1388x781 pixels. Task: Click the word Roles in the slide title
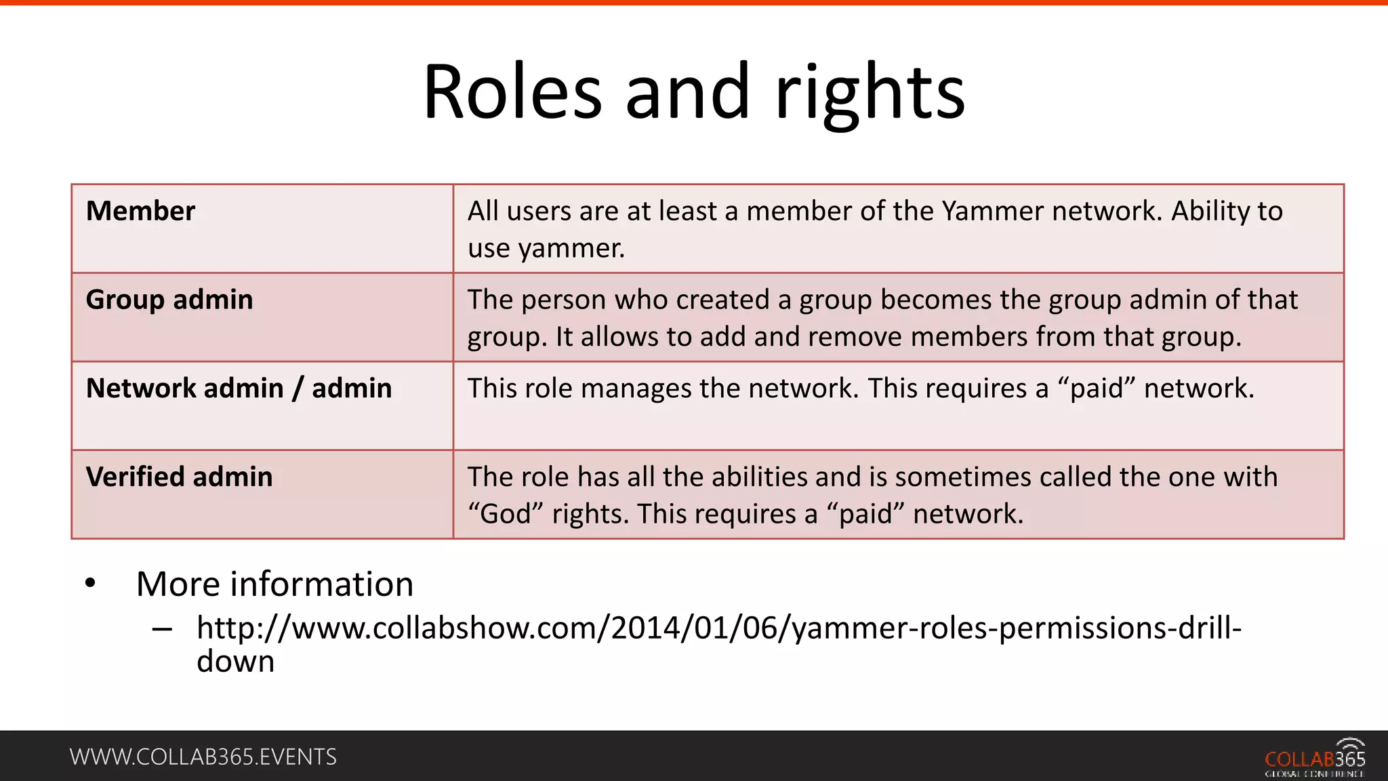(x=512, y=92)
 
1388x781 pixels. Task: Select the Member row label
(x=140, y=211)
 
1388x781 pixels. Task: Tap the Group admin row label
(x=169, y=300)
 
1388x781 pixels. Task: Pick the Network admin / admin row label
(x=239, y=388)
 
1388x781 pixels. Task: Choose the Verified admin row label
(x=179, y=477)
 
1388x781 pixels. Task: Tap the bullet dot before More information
(x=90, y=584)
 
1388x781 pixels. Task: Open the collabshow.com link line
(x=718, y=628)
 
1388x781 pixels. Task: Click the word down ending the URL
(x=235, y=662)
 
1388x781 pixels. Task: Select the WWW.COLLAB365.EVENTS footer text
(x=203, y=757)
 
